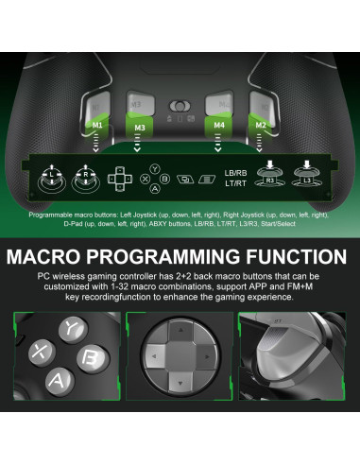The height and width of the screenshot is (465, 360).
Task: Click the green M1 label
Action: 97,124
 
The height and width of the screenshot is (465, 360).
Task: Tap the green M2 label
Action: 262,124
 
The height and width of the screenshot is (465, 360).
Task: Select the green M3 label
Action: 140,127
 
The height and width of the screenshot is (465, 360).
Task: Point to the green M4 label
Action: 219,127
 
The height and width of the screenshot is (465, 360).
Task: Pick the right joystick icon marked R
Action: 86,176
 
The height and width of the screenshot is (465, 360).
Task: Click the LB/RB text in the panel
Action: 236,172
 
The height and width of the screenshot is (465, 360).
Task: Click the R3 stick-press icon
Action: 270,173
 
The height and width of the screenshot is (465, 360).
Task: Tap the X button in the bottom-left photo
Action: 41,352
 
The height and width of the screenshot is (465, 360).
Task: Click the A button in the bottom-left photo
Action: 58,383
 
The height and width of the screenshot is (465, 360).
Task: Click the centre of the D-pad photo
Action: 180,364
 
